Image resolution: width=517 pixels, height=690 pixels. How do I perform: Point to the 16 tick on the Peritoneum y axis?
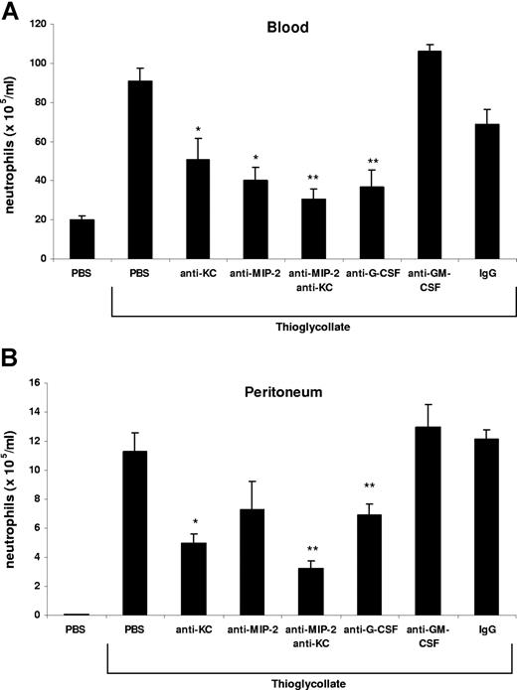tap(56, 382)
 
